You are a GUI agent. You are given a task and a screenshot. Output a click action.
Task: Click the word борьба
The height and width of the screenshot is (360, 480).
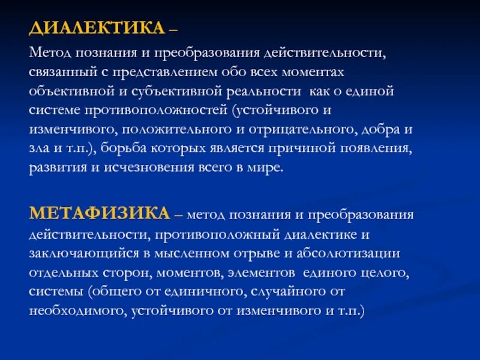coord(125,149)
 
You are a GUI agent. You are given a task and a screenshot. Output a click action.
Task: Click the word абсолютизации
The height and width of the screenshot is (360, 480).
coord(340,253)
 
